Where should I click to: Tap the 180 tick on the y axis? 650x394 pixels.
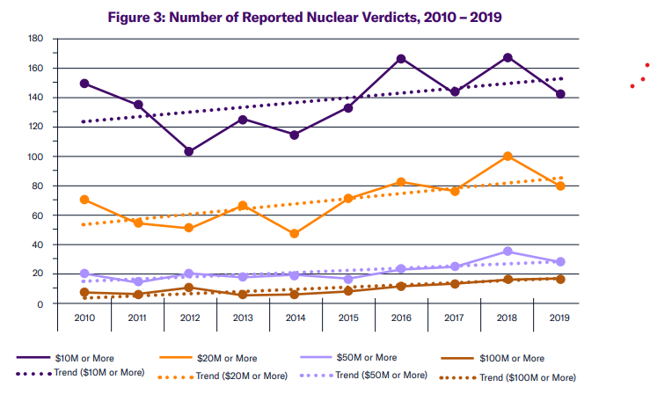(x=35, y=39)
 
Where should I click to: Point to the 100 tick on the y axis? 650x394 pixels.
(x=35, y=157)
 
